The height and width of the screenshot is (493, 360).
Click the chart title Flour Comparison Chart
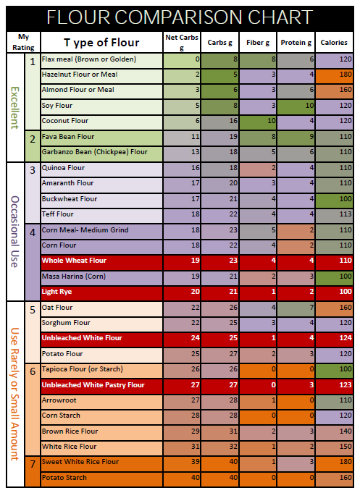(180, 17)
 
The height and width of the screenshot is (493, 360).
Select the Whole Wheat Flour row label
(75, 260)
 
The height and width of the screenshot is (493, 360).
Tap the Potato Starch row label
(66, 478)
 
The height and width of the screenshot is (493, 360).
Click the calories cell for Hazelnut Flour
(334, 74)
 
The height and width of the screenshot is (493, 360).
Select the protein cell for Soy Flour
(294, 105)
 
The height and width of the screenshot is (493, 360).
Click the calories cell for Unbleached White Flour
(334, 338)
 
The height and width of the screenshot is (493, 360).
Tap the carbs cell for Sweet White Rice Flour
(218, 462)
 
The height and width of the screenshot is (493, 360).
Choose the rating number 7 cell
(33, 463)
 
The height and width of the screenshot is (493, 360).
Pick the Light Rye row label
(59, 291)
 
